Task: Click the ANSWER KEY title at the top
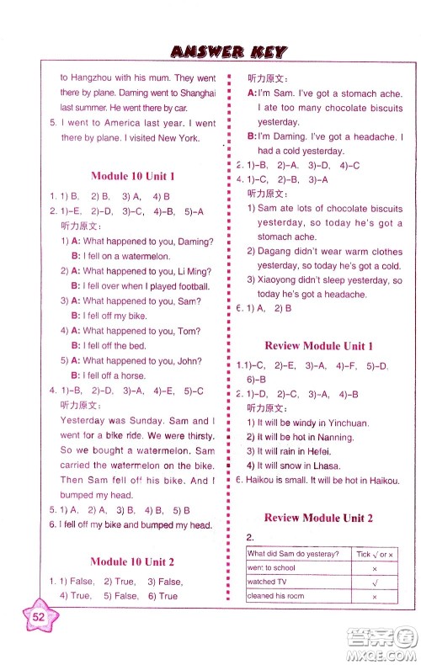[227, 51]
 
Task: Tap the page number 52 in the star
[38, 615]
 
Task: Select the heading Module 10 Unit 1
[132, 177]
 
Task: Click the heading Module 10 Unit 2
[132, 561]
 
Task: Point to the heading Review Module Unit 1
[318, 346]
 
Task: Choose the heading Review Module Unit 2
[318, 518]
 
